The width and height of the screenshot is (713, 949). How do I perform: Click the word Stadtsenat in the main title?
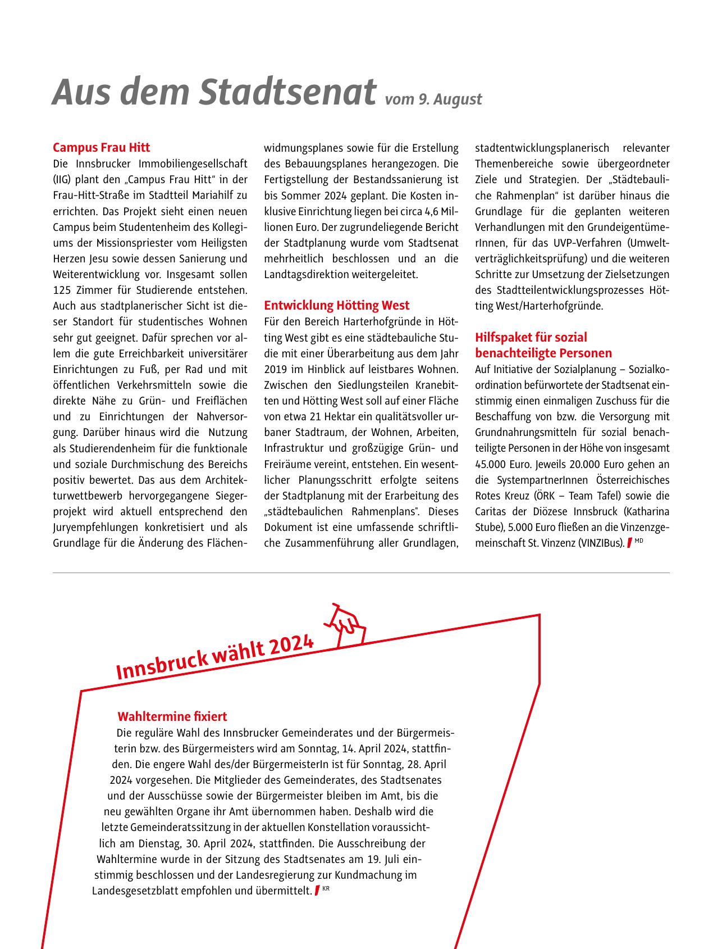pos(287,92)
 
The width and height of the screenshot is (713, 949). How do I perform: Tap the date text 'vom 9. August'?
pos(433,99)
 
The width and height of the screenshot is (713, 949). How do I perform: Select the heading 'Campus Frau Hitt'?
pos(102,148)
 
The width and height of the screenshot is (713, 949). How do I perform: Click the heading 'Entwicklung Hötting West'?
pos(337,306)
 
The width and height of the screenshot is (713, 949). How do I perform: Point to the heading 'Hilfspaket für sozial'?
pos(531,337)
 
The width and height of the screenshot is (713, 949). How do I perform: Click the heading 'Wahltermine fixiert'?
pos(172,717)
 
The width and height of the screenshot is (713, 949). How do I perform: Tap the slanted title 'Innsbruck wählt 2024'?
pos(214,656)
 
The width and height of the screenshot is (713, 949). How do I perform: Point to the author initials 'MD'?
pos(639,541)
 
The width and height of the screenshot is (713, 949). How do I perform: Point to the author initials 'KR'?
pos(326,888)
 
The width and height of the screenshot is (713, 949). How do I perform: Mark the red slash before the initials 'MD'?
pos(629,543)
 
